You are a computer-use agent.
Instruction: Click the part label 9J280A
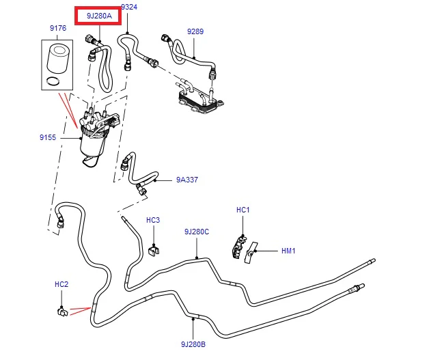[99, 16]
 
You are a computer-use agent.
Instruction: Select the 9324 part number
[129, 7]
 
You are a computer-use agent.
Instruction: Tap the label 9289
[195, 31]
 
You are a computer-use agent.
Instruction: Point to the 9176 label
[58, 28]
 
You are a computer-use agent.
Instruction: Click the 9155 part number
[48, 137]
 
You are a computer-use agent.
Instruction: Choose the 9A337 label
[187, 180]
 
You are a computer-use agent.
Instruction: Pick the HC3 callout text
[153, 220]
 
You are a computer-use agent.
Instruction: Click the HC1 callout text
[243, 210]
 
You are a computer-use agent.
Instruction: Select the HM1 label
[288, 251]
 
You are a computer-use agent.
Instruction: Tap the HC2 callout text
[61, 284]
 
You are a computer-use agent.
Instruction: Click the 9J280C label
[197, 232]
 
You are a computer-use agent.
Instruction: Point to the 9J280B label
[193, 344]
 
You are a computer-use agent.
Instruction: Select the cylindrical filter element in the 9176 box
[58, 59]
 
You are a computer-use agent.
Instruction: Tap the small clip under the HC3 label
[154, 250]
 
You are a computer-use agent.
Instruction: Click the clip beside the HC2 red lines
[62, 312]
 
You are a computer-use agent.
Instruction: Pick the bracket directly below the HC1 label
[238, 247]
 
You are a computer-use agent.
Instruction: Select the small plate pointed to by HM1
[250, 253]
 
